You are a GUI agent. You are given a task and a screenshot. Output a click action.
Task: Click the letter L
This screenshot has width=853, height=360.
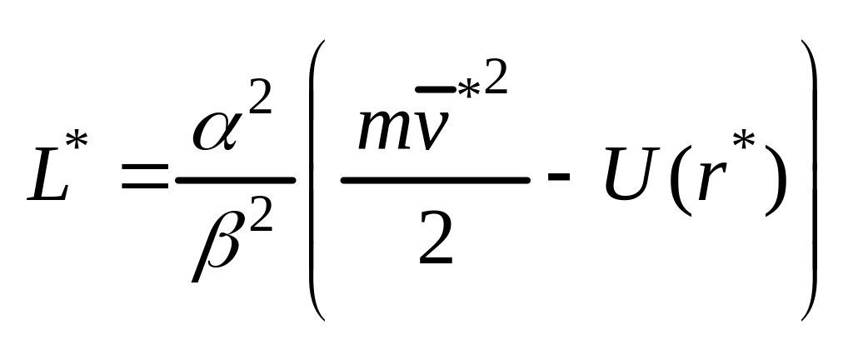52,177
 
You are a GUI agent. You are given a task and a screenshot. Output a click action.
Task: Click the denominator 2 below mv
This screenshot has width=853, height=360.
436,240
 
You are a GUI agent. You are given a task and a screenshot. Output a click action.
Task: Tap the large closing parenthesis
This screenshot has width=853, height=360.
806,179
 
